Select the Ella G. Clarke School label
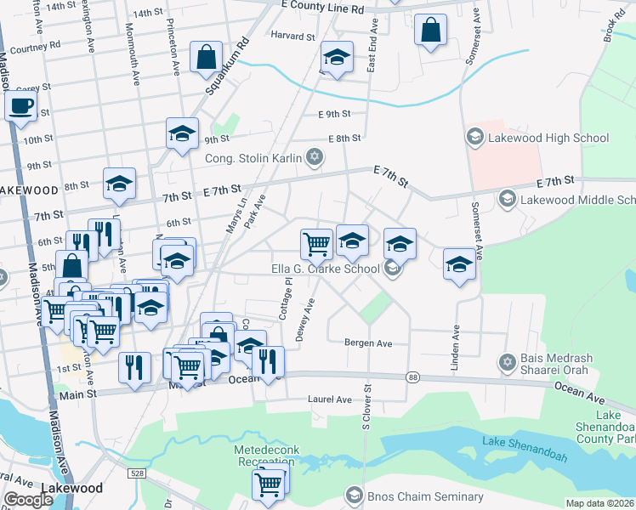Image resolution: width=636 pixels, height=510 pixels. coord(325,269)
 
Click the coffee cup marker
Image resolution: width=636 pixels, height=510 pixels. coord(20,107)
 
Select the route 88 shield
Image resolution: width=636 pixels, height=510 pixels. coord(413,376)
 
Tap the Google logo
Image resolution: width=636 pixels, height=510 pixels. coord(29,500)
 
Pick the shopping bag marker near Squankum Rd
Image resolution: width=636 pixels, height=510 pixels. coord(207,58)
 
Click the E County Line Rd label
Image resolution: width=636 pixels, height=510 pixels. coord(322,7)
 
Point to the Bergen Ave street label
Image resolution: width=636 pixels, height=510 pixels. coord(367,343)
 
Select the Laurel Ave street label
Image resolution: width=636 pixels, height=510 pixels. coord(332,399)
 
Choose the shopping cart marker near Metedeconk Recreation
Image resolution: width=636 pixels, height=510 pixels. coord(268,484)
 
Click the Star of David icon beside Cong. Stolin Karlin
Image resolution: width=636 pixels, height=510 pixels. coord(315,156)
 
